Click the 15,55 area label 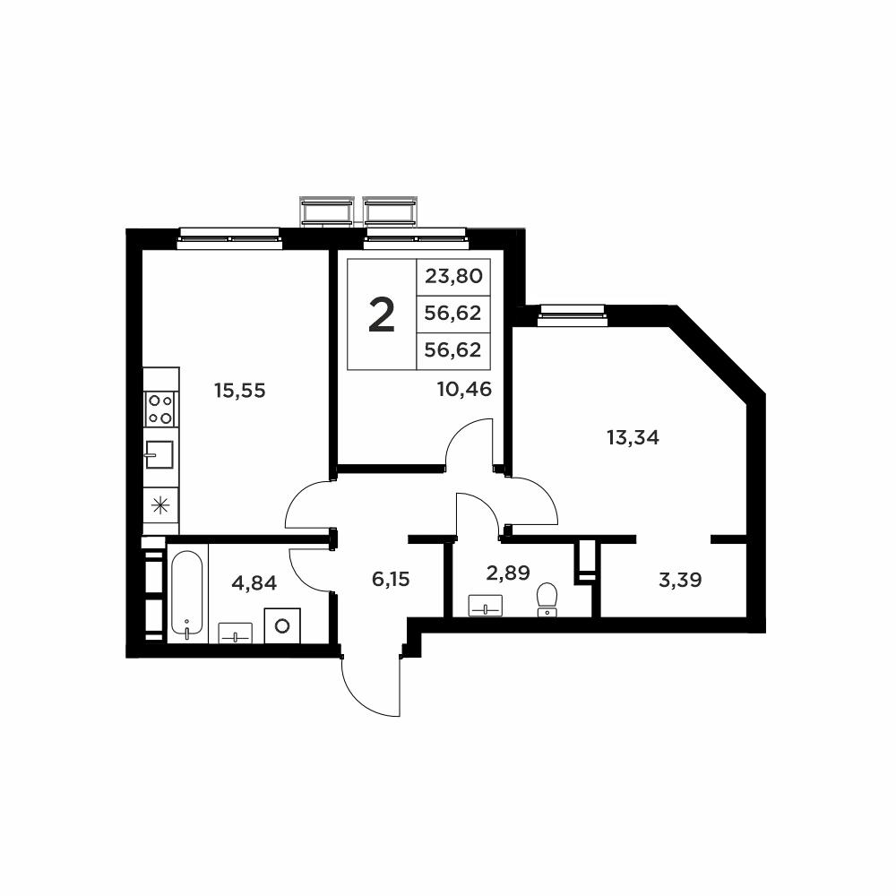[x=240, y=391]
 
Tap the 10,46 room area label [x=464, y=389]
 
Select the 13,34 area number [x=633, y=438]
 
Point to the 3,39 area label [x=680, y=580]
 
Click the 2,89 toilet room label [x=508, y=573]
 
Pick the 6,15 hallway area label [x=391, y=580]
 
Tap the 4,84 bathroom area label [x=254, y=583]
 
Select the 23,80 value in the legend [x=453, y=277]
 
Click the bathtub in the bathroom [x=187, y=592]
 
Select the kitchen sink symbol [x=159, y=454]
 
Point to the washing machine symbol [x=282, y=625]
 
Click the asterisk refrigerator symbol [x=160, y=504]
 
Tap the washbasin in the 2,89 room [x=486, y=606]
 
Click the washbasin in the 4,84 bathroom [x=236, y=633]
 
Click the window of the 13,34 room [x=572, y=314]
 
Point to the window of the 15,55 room [x=229, y=237]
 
